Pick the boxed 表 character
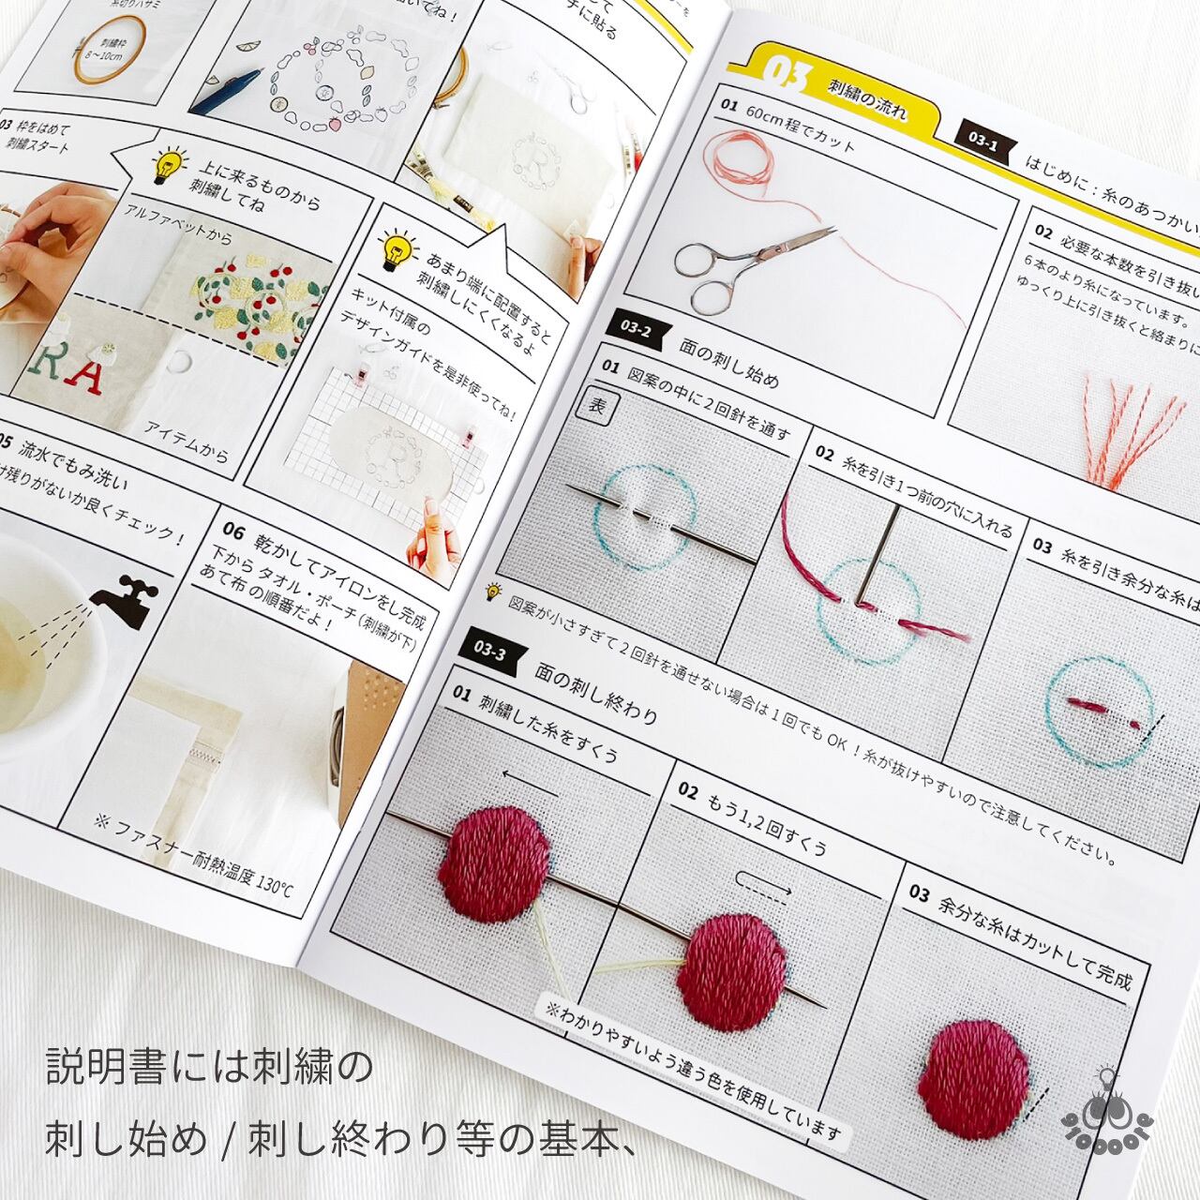point(598,406)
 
